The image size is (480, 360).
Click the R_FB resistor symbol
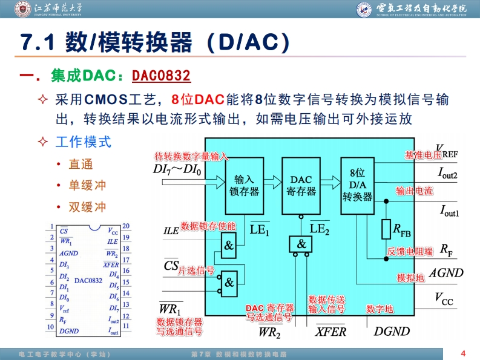point(386,229)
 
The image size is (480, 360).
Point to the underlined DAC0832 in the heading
point(161,76)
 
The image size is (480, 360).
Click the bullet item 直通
point(81,165)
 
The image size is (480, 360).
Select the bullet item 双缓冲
point(87,207)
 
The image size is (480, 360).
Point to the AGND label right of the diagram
point(445,273)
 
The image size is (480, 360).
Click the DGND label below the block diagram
point(392,331)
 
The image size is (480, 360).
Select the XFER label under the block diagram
point(330,331)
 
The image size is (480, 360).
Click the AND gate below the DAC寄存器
point(301,244)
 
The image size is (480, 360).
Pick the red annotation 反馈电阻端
point(410,251)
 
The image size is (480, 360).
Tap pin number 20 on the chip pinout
point(126,226)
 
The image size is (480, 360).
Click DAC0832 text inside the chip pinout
point(89,280)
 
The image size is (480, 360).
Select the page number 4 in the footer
point(463,353)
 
